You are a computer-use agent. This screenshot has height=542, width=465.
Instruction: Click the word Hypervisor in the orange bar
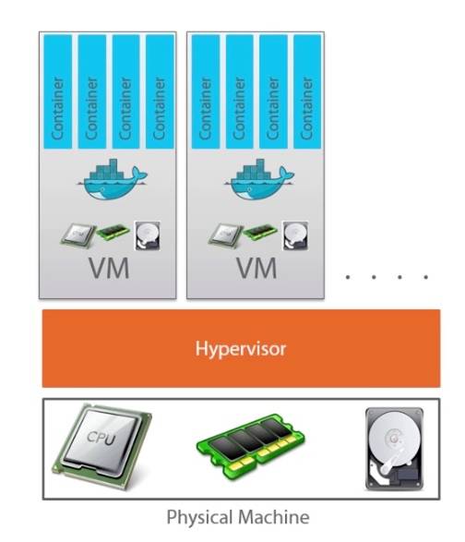point(241,349)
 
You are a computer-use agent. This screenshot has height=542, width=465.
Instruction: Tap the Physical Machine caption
point(238,518)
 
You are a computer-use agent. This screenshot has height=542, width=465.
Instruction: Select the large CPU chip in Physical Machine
point(101,446)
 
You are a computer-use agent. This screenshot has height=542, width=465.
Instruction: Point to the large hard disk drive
point(394,449)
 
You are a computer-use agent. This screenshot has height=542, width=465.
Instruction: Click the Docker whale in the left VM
point(113,179)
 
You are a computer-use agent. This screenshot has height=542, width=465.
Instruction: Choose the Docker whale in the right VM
point(260,179)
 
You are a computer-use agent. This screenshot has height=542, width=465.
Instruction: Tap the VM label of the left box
point(109,268)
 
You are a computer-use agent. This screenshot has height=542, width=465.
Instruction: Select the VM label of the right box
point(256,268)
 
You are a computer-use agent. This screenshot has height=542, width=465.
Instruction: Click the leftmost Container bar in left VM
point(58,91)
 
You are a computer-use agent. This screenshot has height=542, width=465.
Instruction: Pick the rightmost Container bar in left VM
point(160,91)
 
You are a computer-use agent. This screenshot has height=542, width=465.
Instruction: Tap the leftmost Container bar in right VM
point(206,91)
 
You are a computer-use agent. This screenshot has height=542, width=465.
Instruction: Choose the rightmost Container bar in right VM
point(307,91)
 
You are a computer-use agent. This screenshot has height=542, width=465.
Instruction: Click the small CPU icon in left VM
point(78,235)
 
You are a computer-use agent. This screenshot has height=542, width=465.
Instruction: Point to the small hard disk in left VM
point(148,235)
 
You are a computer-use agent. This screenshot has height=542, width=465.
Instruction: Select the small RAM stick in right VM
point(260,232)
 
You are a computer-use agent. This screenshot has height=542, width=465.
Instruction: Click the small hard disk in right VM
point(295,235)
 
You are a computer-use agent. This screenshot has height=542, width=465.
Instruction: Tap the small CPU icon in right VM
point(226,235)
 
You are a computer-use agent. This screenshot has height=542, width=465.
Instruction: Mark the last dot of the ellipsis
point(426,277)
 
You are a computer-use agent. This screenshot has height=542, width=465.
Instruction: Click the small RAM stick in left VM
point(113,232)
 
